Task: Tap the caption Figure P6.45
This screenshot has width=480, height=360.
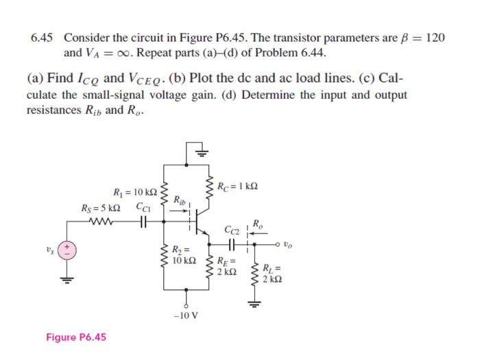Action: (x=76, y=337)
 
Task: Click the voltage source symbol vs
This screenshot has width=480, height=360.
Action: (x=67, y=249)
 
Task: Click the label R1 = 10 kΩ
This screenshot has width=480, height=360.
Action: (x=134, y=193)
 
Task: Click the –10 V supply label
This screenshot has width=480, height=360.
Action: (x=186, y=316)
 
